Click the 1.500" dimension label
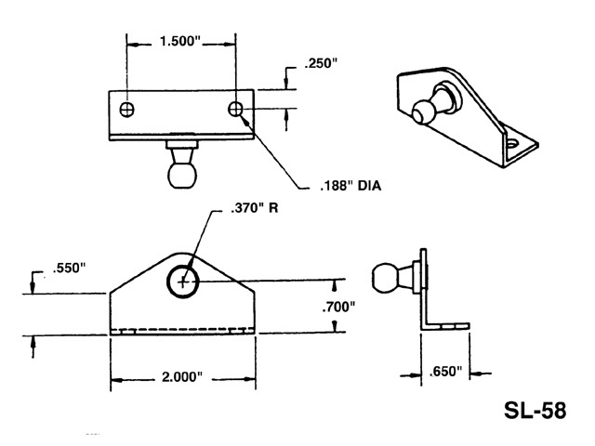(180, 42)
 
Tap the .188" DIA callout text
(350, 186)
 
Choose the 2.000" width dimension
(181, 378)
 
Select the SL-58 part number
(534, 410)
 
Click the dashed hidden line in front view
(182, 328)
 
